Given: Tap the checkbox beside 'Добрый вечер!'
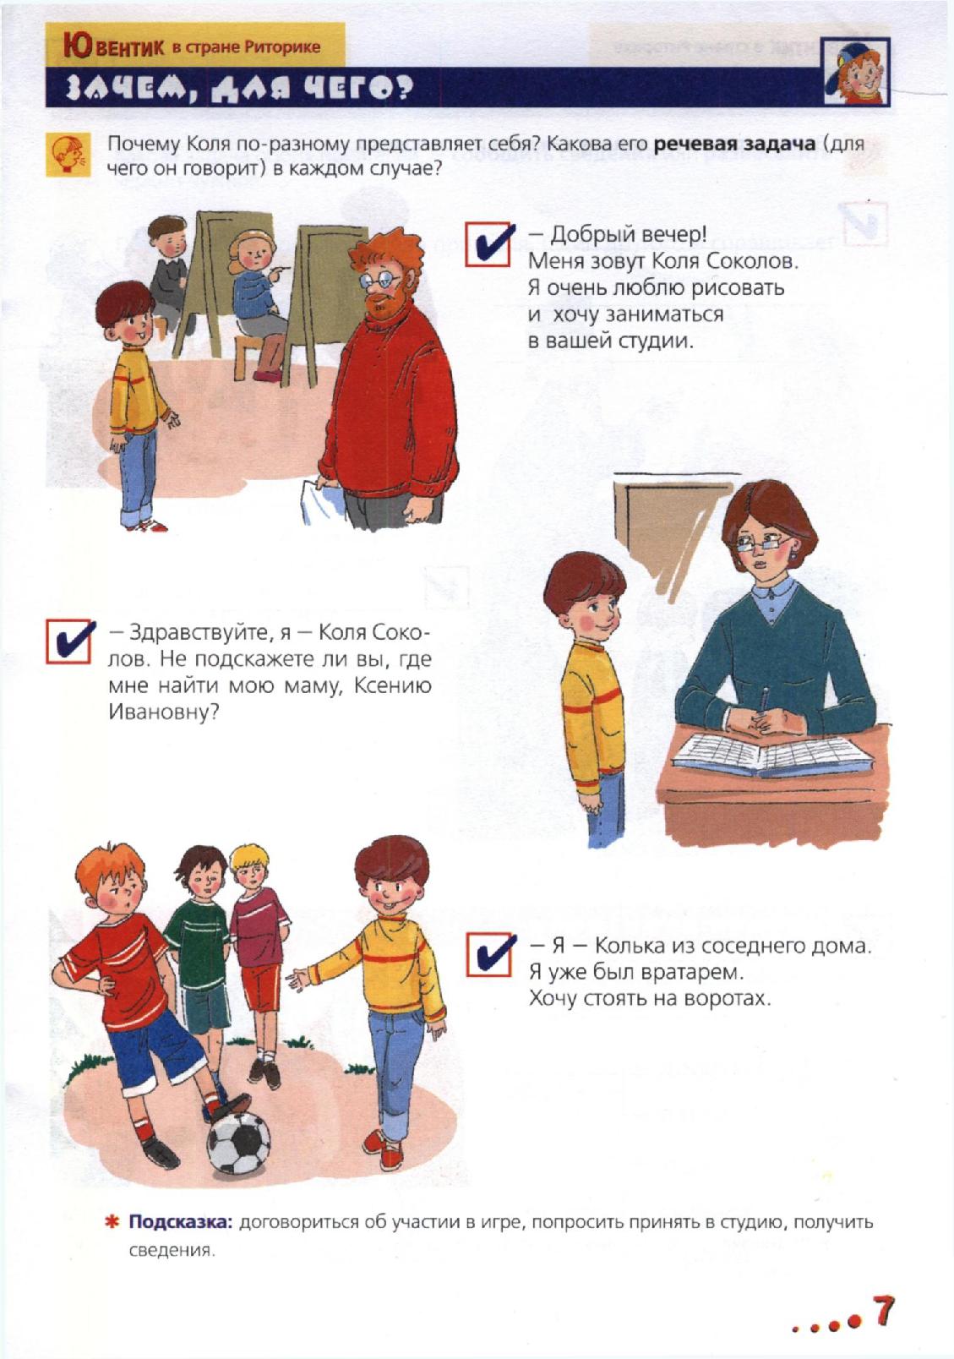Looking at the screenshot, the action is (488, 244).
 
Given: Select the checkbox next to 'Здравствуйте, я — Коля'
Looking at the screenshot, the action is (70, 641).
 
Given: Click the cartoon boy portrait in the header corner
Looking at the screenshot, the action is (855, 71).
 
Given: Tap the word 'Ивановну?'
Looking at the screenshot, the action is (163, 712).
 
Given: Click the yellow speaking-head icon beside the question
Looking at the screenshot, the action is (68, 155).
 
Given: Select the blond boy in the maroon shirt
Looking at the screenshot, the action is (258, 947).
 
